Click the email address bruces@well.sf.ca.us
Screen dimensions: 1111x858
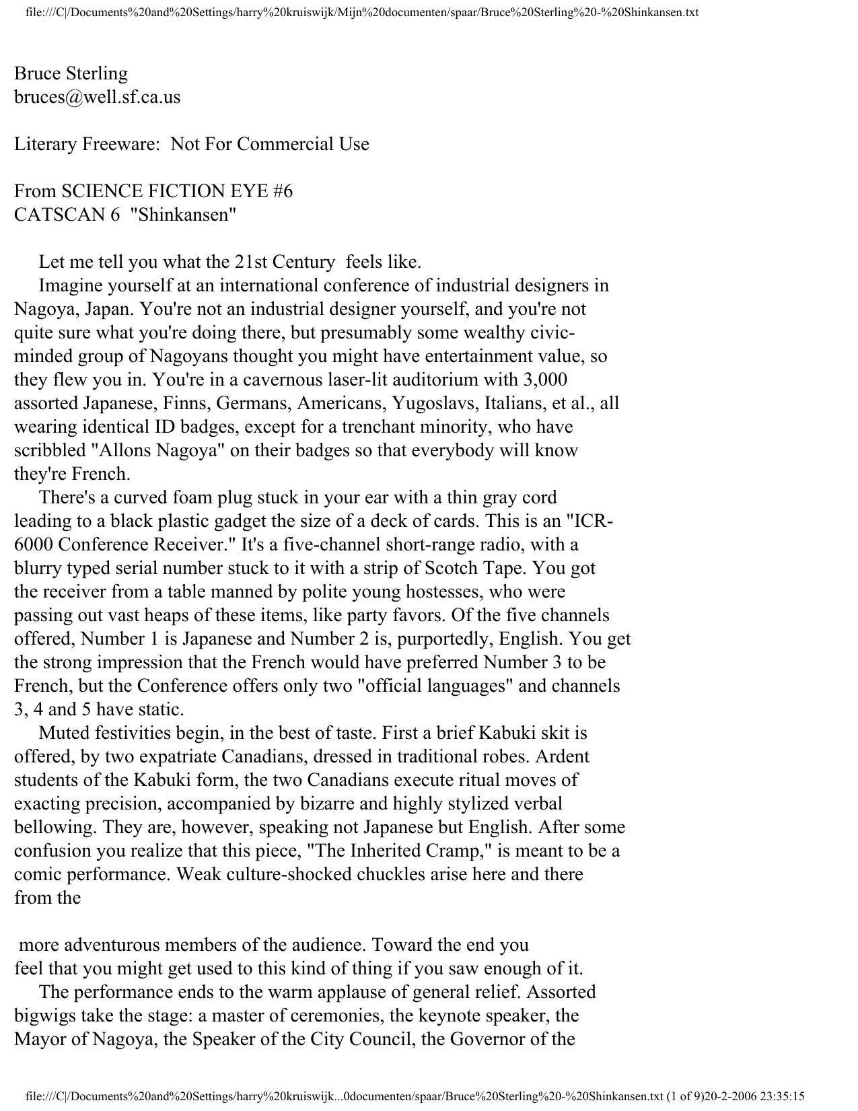(x=97, y=97)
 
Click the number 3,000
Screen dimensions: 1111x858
(x=544, y=380)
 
